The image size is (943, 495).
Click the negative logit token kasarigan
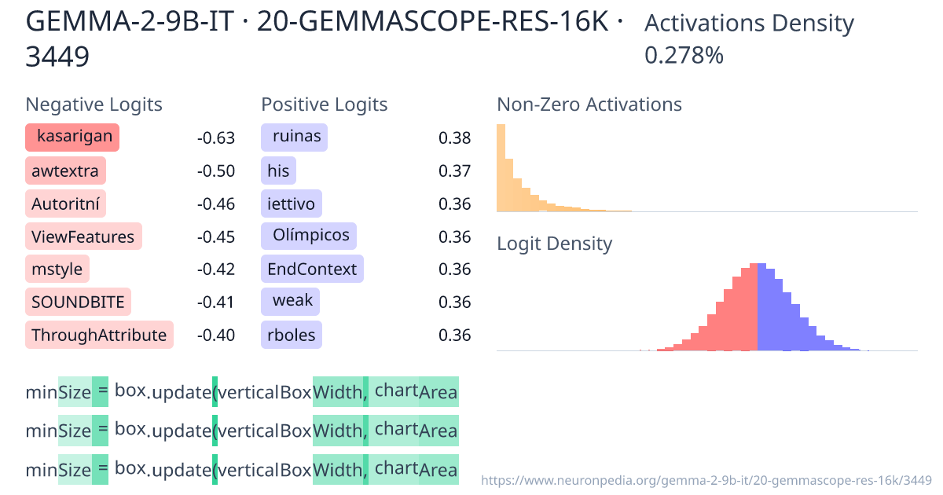(72, 137)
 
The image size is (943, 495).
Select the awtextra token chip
(65, 170)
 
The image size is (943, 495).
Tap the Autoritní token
(65, 204)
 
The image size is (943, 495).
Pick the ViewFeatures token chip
(83, 236)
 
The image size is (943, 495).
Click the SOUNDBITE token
(79, 302)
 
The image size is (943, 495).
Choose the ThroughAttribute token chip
(99, 335)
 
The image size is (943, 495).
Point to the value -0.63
(216, 139)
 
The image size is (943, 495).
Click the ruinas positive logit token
(295, 137)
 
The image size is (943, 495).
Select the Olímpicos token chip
(309, 236)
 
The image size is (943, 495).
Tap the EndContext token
(312, 269)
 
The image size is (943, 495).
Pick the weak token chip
(291, 302)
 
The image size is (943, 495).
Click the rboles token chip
(292, 335)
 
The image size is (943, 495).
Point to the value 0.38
(454, 139)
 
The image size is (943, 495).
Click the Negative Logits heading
(94, 104)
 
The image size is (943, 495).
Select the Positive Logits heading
(324, 104)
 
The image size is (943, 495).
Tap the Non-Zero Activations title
(589, 104)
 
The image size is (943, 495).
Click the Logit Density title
(554, 244)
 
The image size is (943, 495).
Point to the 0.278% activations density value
(684, 56)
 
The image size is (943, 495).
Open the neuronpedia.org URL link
(706, 479)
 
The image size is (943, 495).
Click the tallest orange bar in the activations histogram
(501, 168)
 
